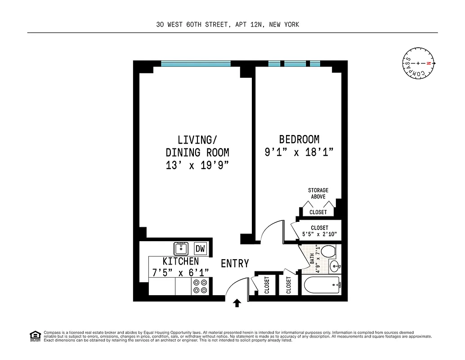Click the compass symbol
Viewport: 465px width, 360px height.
pyautogui.click(x=418, y=63)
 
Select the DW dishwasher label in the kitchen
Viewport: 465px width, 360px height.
pyautogui.click(x=200, y=248)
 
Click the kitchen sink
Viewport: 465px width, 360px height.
pyautogui.click(x=181, y=248)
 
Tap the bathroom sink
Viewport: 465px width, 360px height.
pyautogui.click(x=335, y=266)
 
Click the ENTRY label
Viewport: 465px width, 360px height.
pyautogui.click(x=235, y=264)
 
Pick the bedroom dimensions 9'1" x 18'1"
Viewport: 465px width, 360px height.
pyautogui.click(x=299, y=153)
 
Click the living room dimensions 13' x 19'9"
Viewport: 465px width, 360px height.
pyautogui.click(x=197, y=165)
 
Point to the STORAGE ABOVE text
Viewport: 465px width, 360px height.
pyautogui.click(x=318, y=193)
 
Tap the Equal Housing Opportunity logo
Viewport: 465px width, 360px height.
pyautogui.click(x=35, y=336)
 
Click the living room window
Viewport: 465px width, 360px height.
pyautogui.click(x=196, y=64)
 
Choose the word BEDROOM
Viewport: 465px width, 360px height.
pyautogui.click(x=299, y=139)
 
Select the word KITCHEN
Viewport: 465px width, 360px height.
pyautogui.click(x=180, y=261)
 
